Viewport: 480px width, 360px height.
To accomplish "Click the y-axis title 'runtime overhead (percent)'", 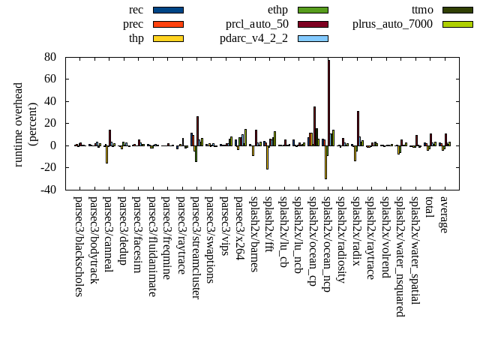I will pos(23,123).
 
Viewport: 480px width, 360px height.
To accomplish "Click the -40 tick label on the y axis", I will pos(47,190).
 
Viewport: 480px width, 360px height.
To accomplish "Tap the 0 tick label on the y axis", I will pos(54,145).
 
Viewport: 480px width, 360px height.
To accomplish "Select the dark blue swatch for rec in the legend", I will pos(167,10).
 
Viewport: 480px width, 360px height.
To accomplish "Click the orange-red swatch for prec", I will pos(167,24).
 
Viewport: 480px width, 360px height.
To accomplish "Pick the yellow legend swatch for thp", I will pos(167,38).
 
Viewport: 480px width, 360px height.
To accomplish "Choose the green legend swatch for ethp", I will pos(312,10).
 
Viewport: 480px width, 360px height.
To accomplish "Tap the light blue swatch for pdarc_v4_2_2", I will pos(312,38).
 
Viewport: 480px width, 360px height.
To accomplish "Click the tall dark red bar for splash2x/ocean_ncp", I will pos(328,102).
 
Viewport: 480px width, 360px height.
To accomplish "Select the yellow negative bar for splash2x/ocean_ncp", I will pos(325,162).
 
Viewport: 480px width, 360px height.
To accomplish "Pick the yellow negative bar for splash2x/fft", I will pos(267,157).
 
